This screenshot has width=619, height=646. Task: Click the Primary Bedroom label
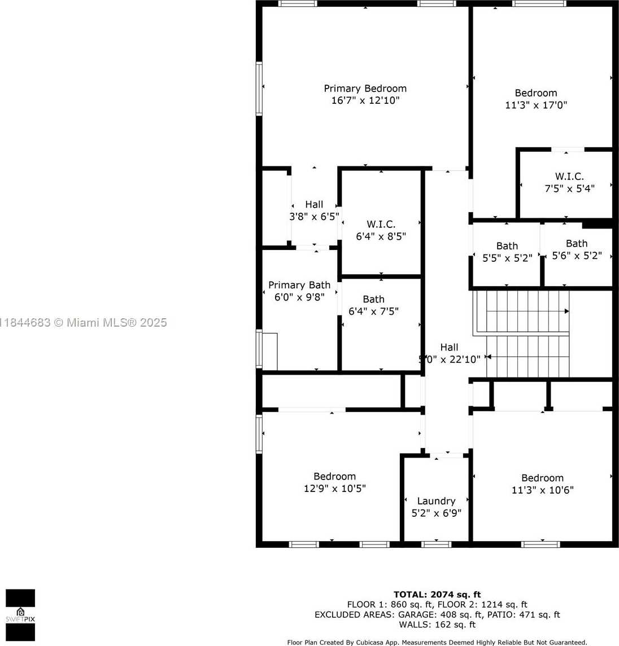click(365, 89)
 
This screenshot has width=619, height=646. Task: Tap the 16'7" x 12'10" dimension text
click(365, 100)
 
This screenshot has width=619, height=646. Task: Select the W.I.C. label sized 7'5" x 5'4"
click(569, 177)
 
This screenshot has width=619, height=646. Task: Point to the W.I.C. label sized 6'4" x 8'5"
click(381, 225)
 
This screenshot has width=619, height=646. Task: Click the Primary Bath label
click(299, 285)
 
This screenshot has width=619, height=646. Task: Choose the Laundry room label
click(437, 501)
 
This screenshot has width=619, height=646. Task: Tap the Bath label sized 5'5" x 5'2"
click(507, 246)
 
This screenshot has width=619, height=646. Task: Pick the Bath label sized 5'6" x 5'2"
click(577, 244)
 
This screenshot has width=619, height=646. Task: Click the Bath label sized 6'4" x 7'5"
click(374, 299)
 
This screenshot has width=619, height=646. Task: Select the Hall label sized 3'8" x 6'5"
click(314, 204)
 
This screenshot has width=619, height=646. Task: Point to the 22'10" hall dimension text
click(465, 359)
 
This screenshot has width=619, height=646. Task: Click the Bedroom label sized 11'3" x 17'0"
click(536, 93)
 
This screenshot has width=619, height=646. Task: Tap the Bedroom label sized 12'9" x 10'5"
click(334, 477)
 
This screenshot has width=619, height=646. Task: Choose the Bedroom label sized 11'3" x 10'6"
click(542, 478)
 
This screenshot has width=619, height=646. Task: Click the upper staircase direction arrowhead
click(566, 311)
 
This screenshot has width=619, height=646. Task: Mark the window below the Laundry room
click(437, 544)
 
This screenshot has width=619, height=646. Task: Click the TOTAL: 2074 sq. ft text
click(437, 595)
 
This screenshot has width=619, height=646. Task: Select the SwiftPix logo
click(20, 615)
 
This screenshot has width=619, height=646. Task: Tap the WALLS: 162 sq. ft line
click(437, 625)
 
